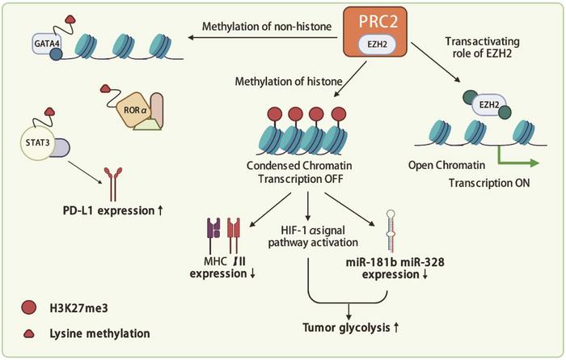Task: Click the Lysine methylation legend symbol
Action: pyautogui.click(x=29, y=332)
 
